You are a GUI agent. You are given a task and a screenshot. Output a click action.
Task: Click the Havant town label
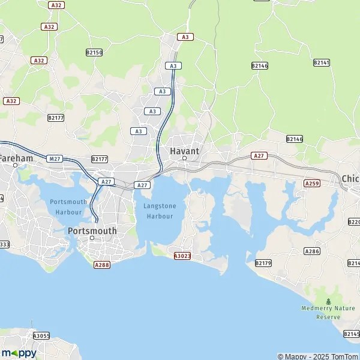pos(184,151)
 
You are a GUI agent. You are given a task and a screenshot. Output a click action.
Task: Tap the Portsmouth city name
pos(92,230)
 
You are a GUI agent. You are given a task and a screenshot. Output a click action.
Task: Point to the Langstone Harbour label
pos(160,211)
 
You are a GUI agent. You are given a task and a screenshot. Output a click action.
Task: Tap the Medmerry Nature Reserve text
pos(328,312)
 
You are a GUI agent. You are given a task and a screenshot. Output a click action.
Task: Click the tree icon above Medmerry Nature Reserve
pos(328,301)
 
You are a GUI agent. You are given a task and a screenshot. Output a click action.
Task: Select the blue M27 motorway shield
pos(55,158)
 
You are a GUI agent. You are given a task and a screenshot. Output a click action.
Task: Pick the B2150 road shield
pos(94,53)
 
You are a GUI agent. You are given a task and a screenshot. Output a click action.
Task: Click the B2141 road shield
pos(322,62)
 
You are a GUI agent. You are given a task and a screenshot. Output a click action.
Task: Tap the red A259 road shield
pos(311,183)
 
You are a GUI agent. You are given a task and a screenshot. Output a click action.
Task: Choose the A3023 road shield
pos(182,256)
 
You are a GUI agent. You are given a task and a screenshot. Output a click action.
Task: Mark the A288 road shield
pos(102,263)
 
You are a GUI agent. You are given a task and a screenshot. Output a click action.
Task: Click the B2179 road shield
pos(263,263)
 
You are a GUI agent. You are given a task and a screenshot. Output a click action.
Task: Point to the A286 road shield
pos(311,251)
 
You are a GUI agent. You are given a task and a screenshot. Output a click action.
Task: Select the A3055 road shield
pos(41,336)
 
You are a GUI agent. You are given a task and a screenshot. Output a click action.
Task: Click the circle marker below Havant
pos(184,159)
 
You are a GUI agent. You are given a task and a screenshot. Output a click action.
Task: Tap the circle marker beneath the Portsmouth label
pos(92,238)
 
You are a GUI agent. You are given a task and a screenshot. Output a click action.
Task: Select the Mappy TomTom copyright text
pos(318,356)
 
